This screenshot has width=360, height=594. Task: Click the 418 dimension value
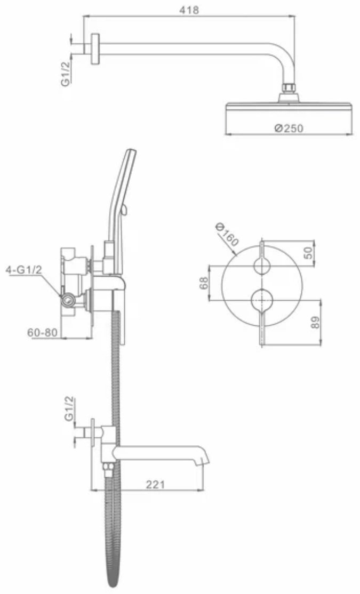tap(189, 10)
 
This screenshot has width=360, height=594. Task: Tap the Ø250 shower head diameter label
tap(289, 129)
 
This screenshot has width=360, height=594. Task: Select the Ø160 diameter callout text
tap(227, 235)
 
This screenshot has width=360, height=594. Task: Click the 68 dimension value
tap(204, 283)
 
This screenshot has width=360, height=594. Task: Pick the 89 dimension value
tap(315, 323)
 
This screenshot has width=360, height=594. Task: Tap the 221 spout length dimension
tap(155, 484)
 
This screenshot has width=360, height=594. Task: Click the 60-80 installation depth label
tap(43, 333)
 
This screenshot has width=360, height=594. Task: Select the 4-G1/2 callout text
tap(23, 270)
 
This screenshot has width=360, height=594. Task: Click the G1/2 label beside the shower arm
tap(66, 74)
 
